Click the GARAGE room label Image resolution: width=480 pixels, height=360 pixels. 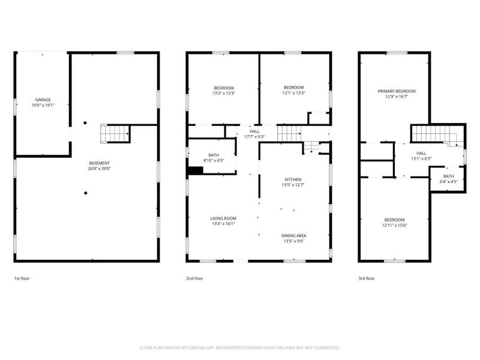click(42, 99)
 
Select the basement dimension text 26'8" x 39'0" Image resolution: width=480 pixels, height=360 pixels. click(100, 169)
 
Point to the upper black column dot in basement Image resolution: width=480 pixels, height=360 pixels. click(85, 123)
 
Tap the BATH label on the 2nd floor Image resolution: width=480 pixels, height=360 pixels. click(214, 155)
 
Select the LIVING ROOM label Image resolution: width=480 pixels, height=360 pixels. click(223, 218)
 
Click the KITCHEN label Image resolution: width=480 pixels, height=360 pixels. click(293, 179)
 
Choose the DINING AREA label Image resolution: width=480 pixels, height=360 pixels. click(293, 236)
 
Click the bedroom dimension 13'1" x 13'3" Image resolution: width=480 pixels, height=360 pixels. click(294, 93)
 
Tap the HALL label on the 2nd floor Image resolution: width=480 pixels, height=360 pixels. click(255, 131)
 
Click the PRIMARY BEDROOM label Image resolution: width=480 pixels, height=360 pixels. click(397, 91)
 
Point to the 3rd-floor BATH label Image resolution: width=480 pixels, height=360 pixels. click(449, 176)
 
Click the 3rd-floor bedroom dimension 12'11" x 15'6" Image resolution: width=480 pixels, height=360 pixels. click(394, 225)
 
